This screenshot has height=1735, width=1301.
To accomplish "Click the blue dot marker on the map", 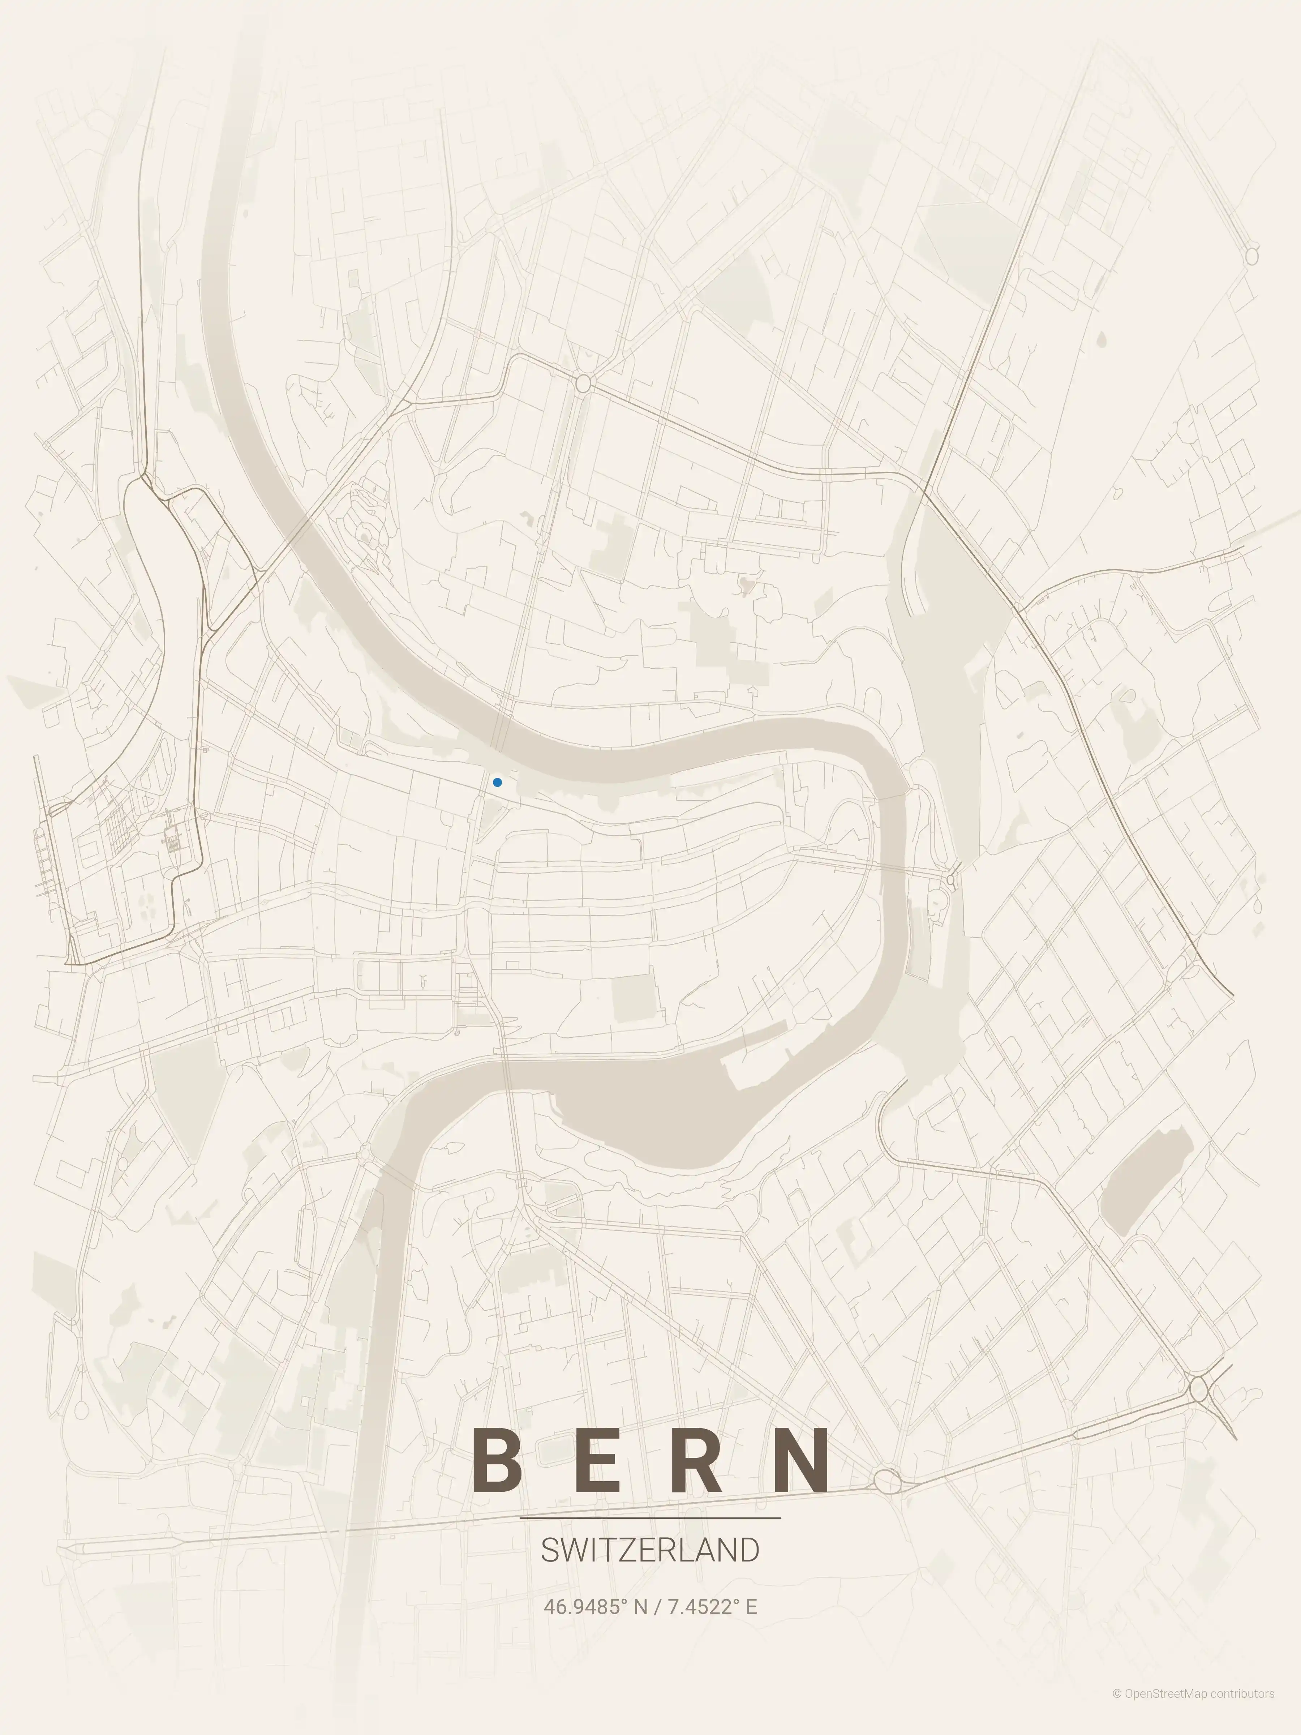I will pos(497,782).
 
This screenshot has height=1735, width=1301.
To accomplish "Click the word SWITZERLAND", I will pos(650,1551).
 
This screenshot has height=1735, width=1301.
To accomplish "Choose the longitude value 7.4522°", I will pos(703,1606).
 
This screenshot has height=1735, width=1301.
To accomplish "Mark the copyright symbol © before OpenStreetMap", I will pos(1117,1709).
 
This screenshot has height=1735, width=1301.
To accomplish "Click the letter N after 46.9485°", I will pos(641,1606).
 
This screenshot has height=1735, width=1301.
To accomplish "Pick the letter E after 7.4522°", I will pos(751,1606).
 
